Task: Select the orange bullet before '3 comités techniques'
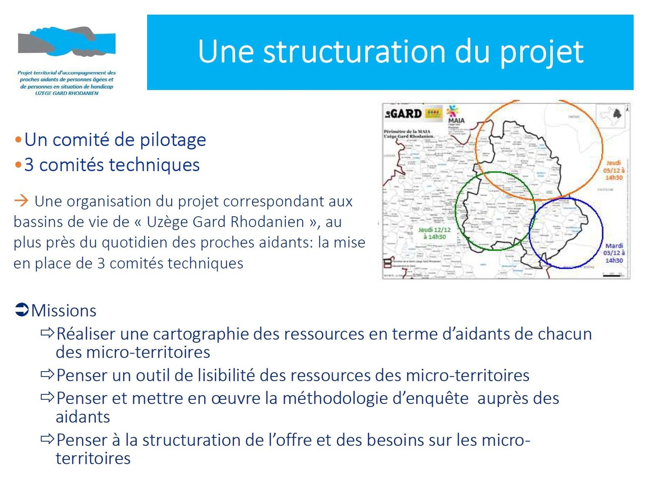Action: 18,165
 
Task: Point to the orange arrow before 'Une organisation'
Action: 21,200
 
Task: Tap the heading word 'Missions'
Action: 64,310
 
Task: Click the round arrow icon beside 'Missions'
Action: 22,310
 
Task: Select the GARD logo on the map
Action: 404,114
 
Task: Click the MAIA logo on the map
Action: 456,115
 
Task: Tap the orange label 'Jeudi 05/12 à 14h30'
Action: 613,170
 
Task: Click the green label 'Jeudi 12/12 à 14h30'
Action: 434,233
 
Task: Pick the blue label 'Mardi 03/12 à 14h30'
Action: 614,253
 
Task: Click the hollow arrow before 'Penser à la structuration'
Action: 47,439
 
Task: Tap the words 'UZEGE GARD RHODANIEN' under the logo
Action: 67,93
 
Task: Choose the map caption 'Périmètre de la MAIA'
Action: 407,131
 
